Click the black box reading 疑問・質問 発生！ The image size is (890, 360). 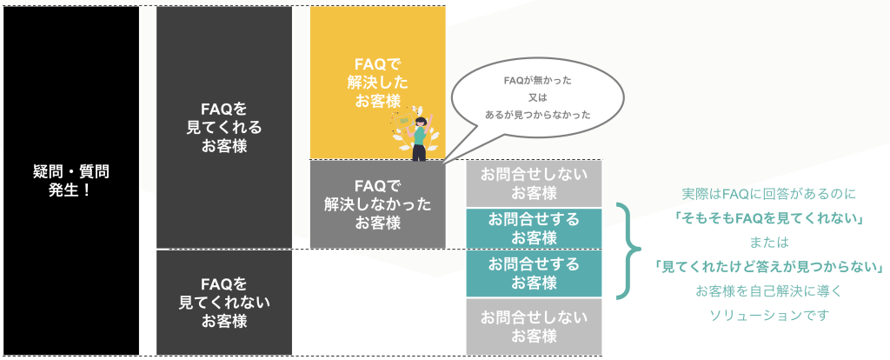pyautogui.click(x=71, y=180)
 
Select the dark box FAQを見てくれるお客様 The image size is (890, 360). pyautogui.click(x=223, y=127)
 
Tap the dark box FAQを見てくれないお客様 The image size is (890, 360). pyautogui.click(x=223, y=302)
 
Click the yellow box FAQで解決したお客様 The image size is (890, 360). pyautogui.click(x=377, y=83)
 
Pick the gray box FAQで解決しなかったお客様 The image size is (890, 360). pyautogui.click(x=377, y=203)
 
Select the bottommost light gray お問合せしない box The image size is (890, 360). pyautogui.click(x=534, y=326)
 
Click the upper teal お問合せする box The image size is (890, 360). pyautogui.click(x=534, y=227)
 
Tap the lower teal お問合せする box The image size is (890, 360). pyautogui.click(x=534, y=272)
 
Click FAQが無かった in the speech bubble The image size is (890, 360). pyautogui.click(x=538, y=80)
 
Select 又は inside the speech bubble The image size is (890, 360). pyautogui.click(x=538, y=97)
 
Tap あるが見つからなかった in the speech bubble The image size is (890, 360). pyautogui.click(x=538, y=114)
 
